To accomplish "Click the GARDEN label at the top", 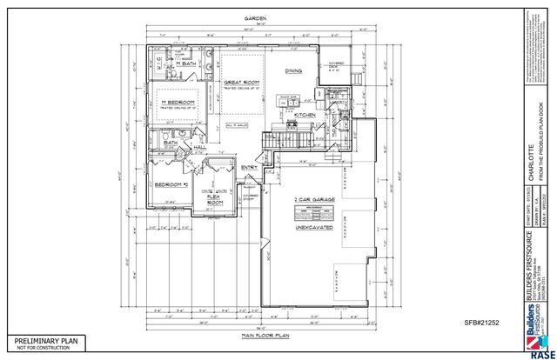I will point(255,17).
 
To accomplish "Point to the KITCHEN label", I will point(304,115).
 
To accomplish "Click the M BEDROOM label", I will point(177,103).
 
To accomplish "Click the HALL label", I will point(199,148).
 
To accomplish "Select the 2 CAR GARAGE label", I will point(315,200).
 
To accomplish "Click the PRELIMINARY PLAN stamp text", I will point(44,340).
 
